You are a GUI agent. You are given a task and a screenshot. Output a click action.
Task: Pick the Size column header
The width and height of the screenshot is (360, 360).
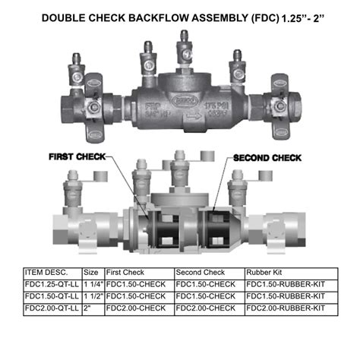pos(90,271)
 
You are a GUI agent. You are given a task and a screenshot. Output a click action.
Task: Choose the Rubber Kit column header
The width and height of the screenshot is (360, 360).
pos(264,271)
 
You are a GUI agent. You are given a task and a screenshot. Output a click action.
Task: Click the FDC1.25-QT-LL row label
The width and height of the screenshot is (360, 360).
pos(52,283)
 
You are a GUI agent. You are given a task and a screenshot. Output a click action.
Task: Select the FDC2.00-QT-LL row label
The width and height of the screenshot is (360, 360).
pos(52,308)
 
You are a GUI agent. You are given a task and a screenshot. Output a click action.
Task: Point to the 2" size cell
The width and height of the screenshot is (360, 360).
pos(87,308)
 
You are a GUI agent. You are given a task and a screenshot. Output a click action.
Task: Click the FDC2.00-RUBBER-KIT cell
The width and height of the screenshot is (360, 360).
pos(285,308)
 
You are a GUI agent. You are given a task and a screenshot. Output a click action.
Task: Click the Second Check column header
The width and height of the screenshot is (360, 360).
pos(200,271)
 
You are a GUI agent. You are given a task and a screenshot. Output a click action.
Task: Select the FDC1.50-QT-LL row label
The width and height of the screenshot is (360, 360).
pos(52,295)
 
